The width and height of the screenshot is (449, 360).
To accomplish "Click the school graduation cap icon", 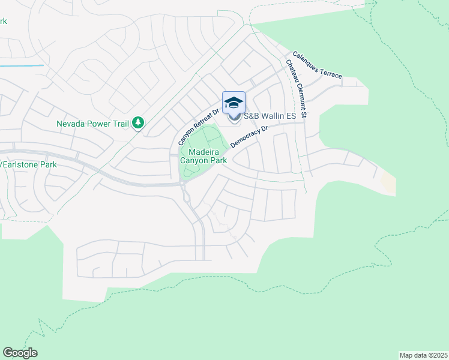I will (233, 103).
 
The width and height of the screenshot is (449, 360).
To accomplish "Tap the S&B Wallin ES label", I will (270, 116).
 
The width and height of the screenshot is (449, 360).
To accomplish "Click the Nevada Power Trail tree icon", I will (139, 122).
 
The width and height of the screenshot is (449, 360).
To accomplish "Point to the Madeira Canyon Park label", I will (204, 156).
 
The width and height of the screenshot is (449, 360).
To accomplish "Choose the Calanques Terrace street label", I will (318, 65).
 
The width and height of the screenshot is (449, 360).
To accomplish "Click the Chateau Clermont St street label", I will (297, 88).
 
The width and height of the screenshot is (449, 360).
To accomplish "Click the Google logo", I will (20, 353).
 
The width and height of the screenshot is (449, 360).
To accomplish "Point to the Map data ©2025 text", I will (423, 355).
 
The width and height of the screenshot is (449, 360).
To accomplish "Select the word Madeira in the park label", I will (204, 152).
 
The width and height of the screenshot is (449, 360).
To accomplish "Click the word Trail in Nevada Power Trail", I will (120, 124).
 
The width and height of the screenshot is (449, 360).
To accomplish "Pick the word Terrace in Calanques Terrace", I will (330, 72).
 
